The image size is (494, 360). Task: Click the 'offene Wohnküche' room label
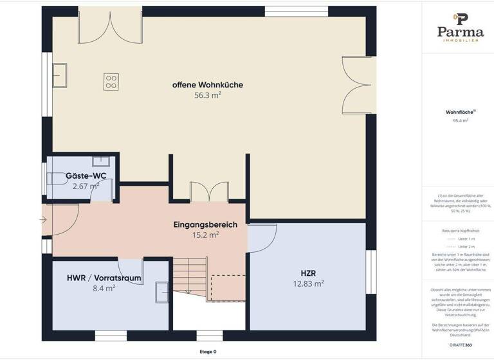(207, 85)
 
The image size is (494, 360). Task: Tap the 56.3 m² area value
(207, 95)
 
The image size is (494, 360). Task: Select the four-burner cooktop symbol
(111, 81)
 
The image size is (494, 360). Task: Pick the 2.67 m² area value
(86, 186)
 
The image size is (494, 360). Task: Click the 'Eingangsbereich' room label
(205, 225)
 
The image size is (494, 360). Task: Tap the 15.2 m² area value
(205, 235)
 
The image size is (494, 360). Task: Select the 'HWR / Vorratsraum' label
(104, 278)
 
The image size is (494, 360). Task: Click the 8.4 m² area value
(104, 289)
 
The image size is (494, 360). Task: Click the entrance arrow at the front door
(42, 221)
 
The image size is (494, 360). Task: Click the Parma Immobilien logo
(459, 27)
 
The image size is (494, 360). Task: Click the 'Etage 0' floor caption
(208, 352)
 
